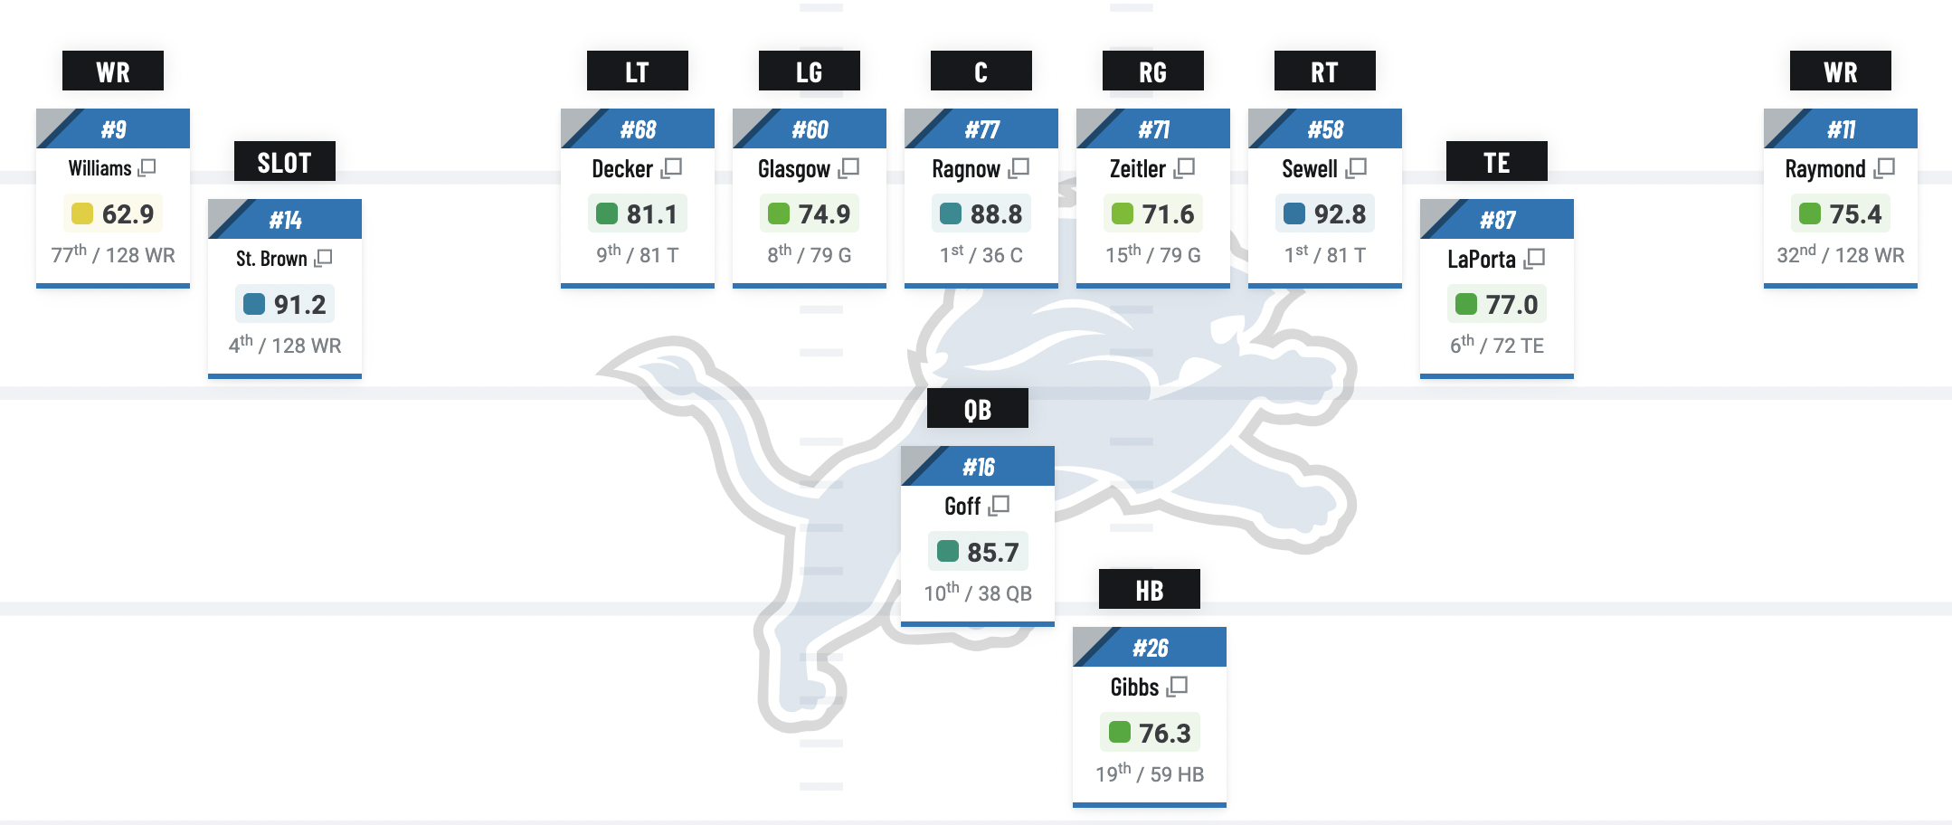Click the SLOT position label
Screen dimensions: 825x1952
click(284, 163)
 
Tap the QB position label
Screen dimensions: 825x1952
click(977, 409)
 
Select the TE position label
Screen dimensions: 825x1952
click(1496, 163)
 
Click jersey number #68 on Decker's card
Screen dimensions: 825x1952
click(638, 129)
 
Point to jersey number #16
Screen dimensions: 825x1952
click(978, 467)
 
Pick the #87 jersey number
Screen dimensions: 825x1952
click(1497, 220)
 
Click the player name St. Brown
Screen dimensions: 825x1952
click(271, 259)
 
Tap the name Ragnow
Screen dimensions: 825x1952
click(965, 169)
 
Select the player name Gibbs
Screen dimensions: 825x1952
click(1134, 687)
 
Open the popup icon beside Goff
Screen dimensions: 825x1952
click(1000, 506)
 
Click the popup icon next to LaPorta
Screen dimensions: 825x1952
click(1534, 259)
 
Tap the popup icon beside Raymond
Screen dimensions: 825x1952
click(1885, 168)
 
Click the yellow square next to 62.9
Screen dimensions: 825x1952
click(82, 213)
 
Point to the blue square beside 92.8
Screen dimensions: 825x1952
click(1294, 213)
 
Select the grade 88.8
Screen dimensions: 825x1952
click(996, 214)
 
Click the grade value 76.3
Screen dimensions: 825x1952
click(1164, 733)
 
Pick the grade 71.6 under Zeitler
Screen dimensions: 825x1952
click(1168, 214)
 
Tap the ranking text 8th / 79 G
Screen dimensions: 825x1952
click(809, 255)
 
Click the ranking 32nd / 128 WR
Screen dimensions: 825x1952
click(1840, 255)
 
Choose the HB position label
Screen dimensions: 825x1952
click(1149, 590)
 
